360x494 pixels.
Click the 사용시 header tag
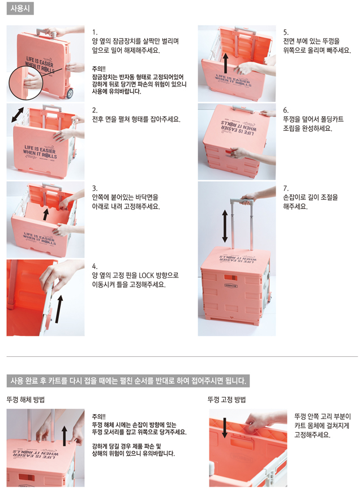click(20, 8)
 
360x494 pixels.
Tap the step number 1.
click(95, 32)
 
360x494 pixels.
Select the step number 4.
click(95, 266)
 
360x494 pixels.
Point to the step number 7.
click(286, 189)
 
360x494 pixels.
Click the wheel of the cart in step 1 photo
click(70, 93)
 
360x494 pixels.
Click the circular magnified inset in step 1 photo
click(25, 83)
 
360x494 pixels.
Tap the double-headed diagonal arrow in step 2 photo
click(18, 114)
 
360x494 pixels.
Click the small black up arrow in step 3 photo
click(46, 214)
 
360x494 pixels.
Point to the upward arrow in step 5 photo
click(225, 63)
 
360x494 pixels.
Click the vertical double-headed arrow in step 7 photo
click(225, 226)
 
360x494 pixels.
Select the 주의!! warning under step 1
click(99, 69)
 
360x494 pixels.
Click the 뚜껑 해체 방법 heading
click(26, 399)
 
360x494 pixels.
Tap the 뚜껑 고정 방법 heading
click(226, 399)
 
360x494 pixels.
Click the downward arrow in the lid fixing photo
click(225, 428)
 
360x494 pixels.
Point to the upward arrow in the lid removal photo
click(65, 436)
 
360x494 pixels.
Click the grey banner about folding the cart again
click(128, 381)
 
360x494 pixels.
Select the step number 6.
click(286, 110)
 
